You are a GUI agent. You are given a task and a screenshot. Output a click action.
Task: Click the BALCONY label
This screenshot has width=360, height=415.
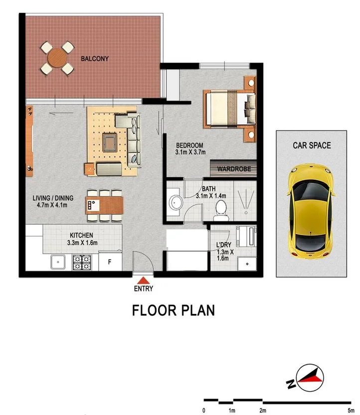95,58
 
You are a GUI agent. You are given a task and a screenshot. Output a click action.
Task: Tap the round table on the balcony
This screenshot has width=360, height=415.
57,58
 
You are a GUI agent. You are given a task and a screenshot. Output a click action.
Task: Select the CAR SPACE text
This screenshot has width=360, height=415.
311,145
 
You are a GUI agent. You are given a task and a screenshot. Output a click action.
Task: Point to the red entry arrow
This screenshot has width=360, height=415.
143,280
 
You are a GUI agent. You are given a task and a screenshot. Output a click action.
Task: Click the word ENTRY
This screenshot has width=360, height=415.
143,289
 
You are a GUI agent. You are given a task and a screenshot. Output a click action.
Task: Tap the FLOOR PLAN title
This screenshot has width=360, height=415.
173,310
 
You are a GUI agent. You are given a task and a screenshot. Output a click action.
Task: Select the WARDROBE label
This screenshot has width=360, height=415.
233,169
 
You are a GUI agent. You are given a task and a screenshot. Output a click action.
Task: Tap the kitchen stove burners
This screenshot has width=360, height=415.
81,262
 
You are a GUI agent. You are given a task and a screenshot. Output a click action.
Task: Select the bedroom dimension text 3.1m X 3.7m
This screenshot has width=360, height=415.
191,153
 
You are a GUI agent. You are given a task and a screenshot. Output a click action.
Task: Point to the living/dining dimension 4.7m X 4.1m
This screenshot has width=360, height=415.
50,204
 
